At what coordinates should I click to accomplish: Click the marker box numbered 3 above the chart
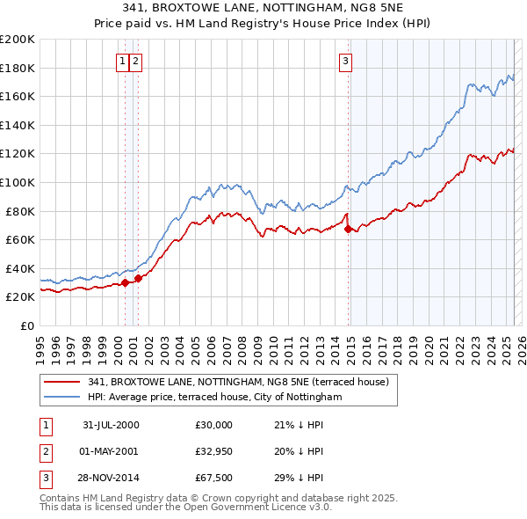click(345, 61)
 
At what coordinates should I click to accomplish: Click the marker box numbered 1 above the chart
click(122, 61)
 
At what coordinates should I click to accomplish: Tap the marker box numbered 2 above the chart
click(137, 61)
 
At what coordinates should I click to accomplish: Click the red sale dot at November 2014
click(349, 230)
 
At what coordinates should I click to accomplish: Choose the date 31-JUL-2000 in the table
click(111, 425)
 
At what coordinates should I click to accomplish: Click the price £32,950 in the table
click(213, 452)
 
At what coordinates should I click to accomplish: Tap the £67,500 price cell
click(213, 480)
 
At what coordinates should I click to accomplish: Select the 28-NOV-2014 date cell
click(111, 480)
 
